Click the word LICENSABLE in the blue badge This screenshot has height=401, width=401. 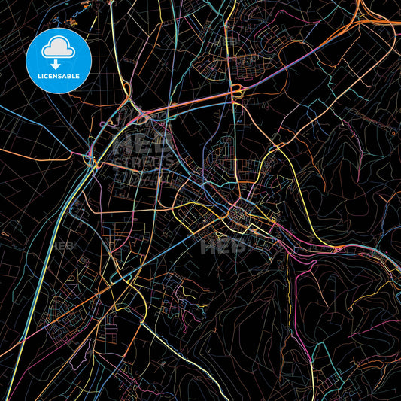(x=59, y=77)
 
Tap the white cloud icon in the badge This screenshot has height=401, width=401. (x=58, y=49)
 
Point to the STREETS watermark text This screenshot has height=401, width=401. (x=141, y=162)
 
